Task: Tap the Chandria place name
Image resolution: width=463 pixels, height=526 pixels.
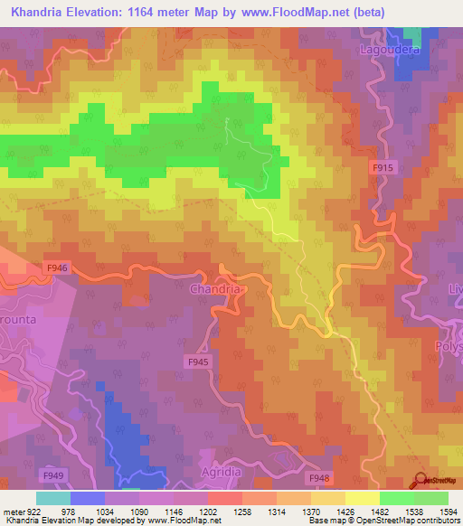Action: tap(215, 289)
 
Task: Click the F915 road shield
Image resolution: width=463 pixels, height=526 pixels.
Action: tap(383, 168)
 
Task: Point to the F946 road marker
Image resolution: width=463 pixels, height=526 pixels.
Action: tap(57, 268)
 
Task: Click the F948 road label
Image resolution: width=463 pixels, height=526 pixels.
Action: tap(318, 478)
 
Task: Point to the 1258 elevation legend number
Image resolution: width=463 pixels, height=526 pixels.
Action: tap(241, 512)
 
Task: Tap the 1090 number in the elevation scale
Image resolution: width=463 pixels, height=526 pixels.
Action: tap(140, 512)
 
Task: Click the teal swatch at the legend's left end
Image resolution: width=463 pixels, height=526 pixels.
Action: tap(52, 498)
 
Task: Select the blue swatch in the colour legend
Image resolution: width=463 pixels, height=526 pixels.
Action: tap(88, 498)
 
